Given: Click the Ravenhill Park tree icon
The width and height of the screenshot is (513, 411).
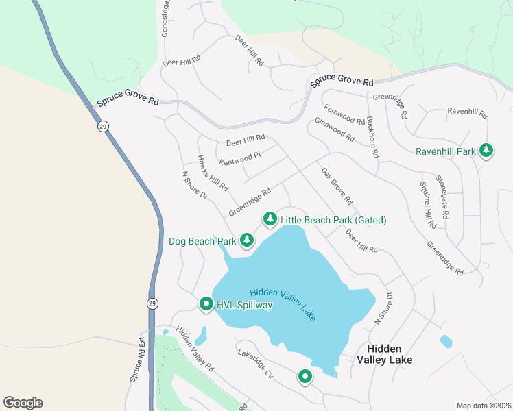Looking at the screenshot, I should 486,150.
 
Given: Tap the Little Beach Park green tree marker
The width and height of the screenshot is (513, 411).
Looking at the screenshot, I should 270,219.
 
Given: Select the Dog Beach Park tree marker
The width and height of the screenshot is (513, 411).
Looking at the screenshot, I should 247,240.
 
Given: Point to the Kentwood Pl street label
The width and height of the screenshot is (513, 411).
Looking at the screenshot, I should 240,159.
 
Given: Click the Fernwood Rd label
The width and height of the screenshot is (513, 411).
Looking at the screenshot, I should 344,114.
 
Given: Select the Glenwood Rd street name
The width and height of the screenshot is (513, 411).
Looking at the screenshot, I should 335,129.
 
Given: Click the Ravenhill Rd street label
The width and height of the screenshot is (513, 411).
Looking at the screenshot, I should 466,112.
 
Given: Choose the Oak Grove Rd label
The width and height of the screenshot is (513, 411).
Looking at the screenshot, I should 337,186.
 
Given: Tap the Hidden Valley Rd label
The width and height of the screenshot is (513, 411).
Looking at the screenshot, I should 195,349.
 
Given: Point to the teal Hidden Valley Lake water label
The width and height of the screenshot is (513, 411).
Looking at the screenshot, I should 283,304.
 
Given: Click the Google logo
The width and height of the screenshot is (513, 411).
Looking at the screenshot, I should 23,403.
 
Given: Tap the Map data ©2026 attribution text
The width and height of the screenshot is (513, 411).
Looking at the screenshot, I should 483,406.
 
